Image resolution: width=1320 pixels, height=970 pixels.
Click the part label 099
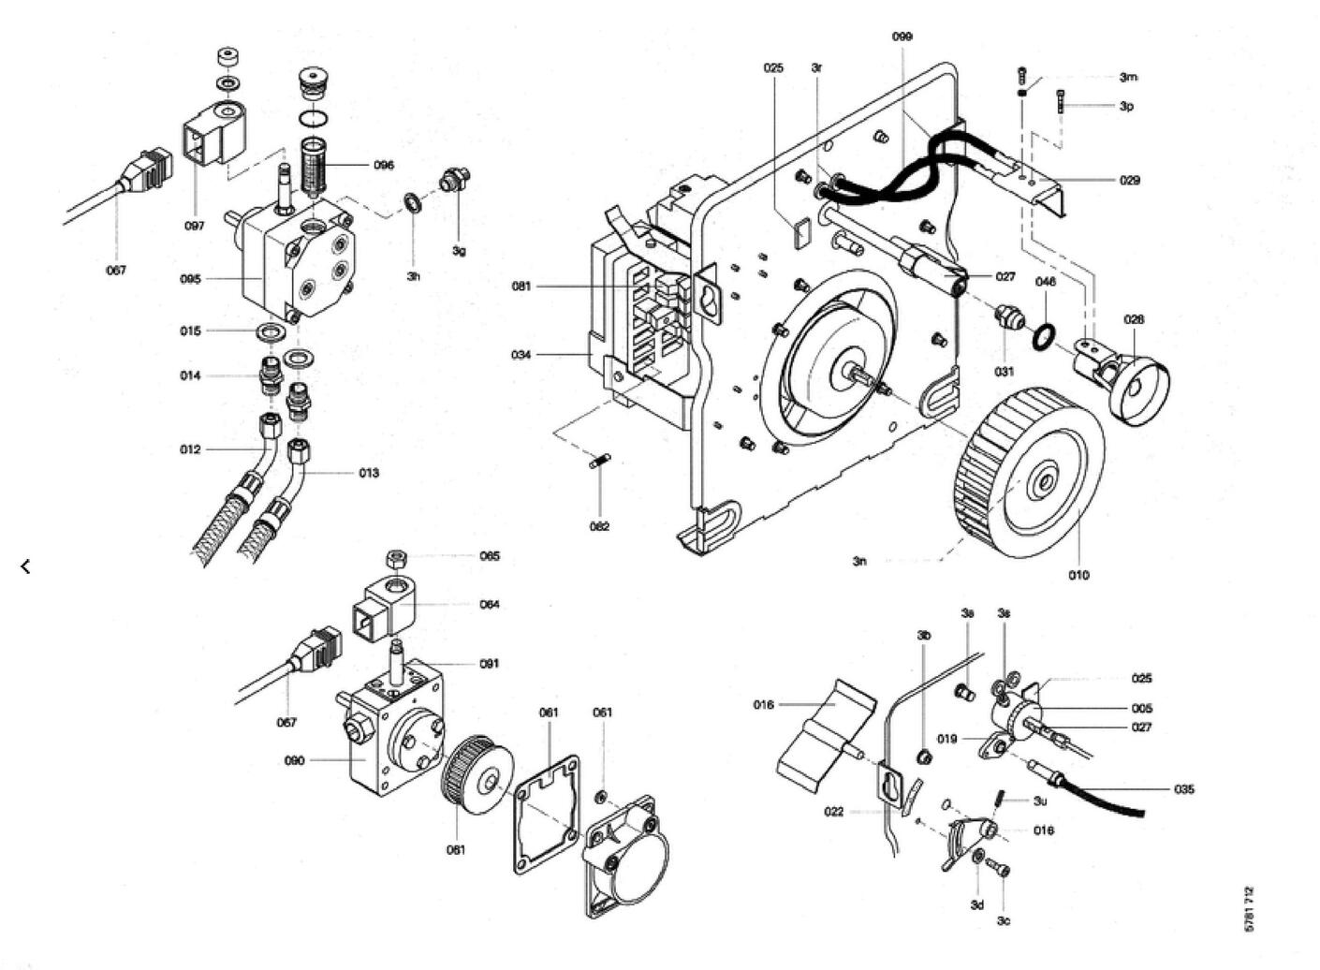[902, 37]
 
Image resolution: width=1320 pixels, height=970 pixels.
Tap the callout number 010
[1078, 575]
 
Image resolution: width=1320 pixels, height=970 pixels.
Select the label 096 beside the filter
[384, 165]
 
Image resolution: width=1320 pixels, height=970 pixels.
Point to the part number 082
[599, 526]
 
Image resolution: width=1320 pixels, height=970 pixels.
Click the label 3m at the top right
[1128, 77]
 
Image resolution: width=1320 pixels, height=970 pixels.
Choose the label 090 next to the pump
[294, 760]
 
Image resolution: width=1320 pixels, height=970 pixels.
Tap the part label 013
[369, 473]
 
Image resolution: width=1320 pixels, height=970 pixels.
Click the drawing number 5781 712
[1250, 907]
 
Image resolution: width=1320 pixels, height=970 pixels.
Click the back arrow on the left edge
[25, 566]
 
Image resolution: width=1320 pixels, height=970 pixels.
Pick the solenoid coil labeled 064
[386, 606]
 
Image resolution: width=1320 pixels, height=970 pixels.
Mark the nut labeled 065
[396, 559]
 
